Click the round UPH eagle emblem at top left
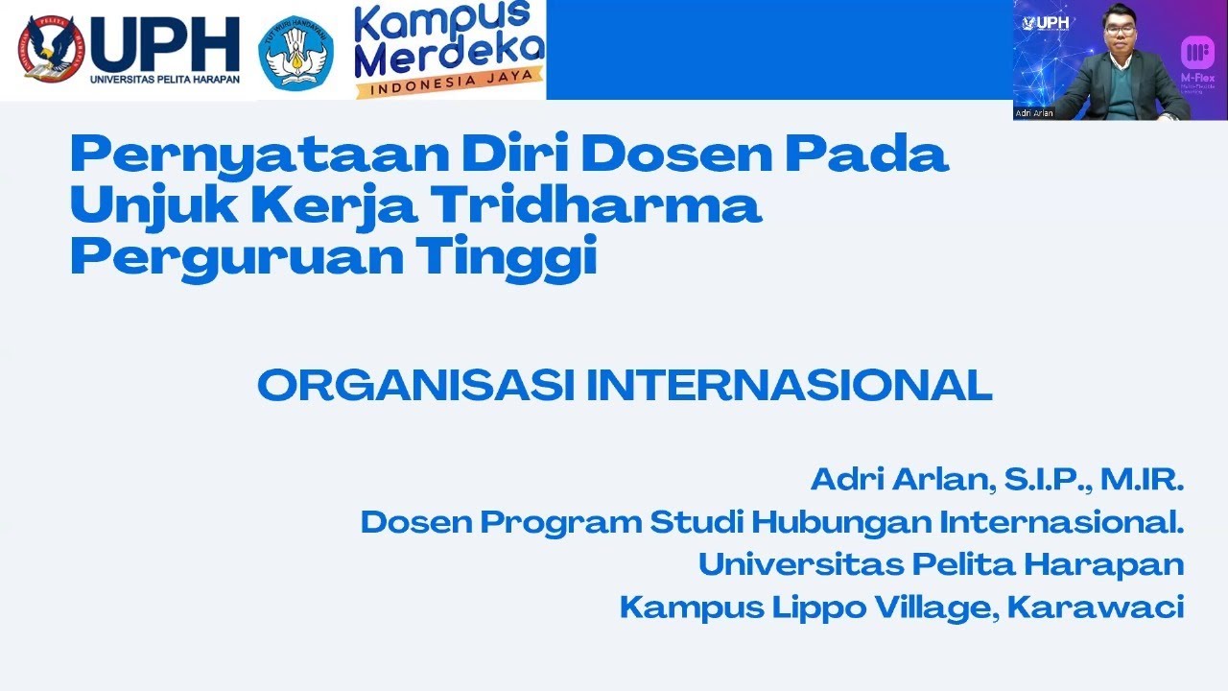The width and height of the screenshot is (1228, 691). [x=50, y=48]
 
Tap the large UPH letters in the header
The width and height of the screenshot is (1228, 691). [x=164, y=44]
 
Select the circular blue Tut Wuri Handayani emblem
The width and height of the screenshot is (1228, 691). [x=295, y=53]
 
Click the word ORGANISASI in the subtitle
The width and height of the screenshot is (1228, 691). [x=415, y=386]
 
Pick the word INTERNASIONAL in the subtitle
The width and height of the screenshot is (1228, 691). [x=789, y=386]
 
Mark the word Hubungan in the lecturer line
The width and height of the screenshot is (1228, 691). [x=841, y=522]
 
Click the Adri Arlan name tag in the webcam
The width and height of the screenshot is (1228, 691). [x=1034, y=113]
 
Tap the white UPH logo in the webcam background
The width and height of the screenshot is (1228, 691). [x=1047, y=22]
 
